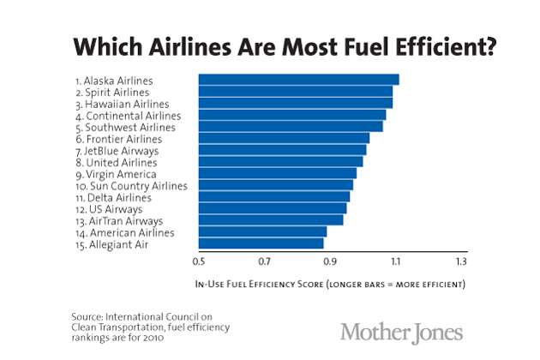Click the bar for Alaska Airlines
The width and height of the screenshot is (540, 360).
(298, 80)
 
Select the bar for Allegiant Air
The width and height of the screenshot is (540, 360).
(261, 243)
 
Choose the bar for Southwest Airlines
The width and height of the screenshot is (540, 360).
(291, 127)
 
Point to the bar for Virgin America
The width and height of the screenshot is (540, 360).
(277, 173)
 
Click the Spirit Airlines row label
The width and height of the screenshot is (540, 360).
(112, 92)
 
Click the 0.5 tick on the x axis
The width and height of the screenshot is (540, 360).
(199, 261)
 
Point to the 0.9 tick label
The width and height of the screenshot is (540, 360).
(330, 261)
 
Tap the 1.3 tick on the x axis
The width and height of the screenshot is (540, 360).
(461, 261)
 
